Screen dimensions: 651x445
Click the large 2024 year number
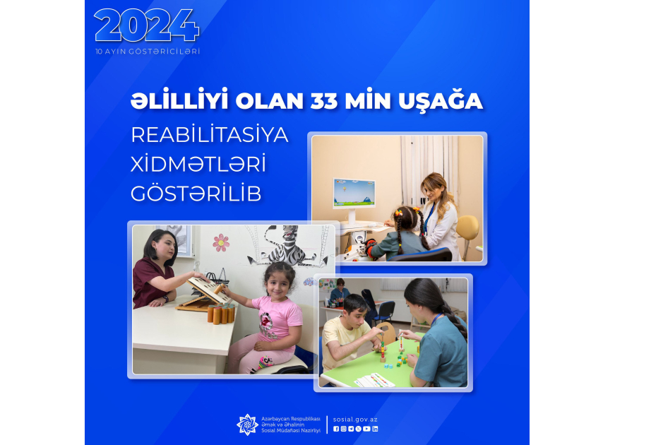pyautogui.click(x=147, y=25)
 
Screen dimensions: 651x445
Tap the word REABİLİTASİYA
pyautogui.click(x=210, y=135)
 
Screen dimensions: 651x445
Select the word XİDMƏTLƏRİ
pyautogui.click(x=198, y=164)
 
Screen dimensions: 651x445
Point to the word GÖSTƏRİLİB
pyautogui.click(x=196, y=194)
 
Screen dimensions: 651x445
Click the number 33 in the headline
pyautogui.click(x=323, y=101)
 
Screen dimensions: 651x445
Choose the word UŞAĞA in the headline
pyautogui.click(x=441, y=100)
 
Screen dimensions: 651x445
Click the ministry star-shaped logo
pyautogui.click(x=247, y=425)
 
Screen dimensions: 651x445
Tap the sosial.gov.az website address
pyautogui.click(x=355, y=420)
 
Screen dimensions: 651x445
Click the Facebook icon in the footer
pyautogui.click(x=336, y=429)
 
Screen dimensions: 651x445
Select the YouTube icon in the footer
pyautogui.click(x=366, y=429)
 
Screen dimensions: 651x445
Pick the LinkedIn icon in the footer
pyautogui.click(x=375, y=429)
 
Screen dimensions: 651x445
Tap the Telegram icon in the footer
pyautogui.click(x=351, y=429)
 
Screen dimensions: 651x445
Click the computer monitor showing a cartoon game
pyautogui.click(x=354, y=194)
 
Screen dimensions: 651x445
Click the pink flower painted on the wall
pyautogui.click(x=221, y=243)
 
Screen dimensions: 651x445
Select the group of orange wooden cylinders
pyautogui.click(x=221, y=313)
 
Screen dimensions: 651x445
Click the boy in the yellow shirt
pyautogui.click(x=349, y=333)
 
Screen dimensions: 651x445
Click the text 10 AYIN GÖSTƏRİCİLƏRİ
pyautogui.click(x=148, y=52)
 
